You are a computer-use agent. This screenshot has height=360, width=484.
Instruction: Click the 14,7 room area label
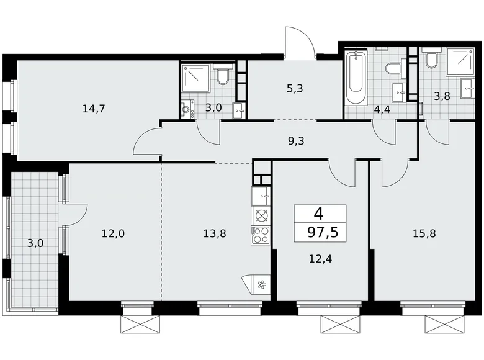point(94,109)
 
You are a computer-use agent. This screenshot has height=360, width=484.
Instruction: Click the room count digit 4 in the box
point(319,214)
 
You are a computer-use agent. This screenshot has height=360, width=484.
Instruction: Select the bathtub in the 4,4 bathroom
point(356,79)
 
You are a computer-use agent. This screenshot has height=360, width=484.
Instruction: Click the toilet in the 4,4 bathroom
point(393,69)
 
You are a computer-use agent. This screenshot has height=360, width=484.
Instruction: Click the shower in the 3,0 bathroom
point(195,78)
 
